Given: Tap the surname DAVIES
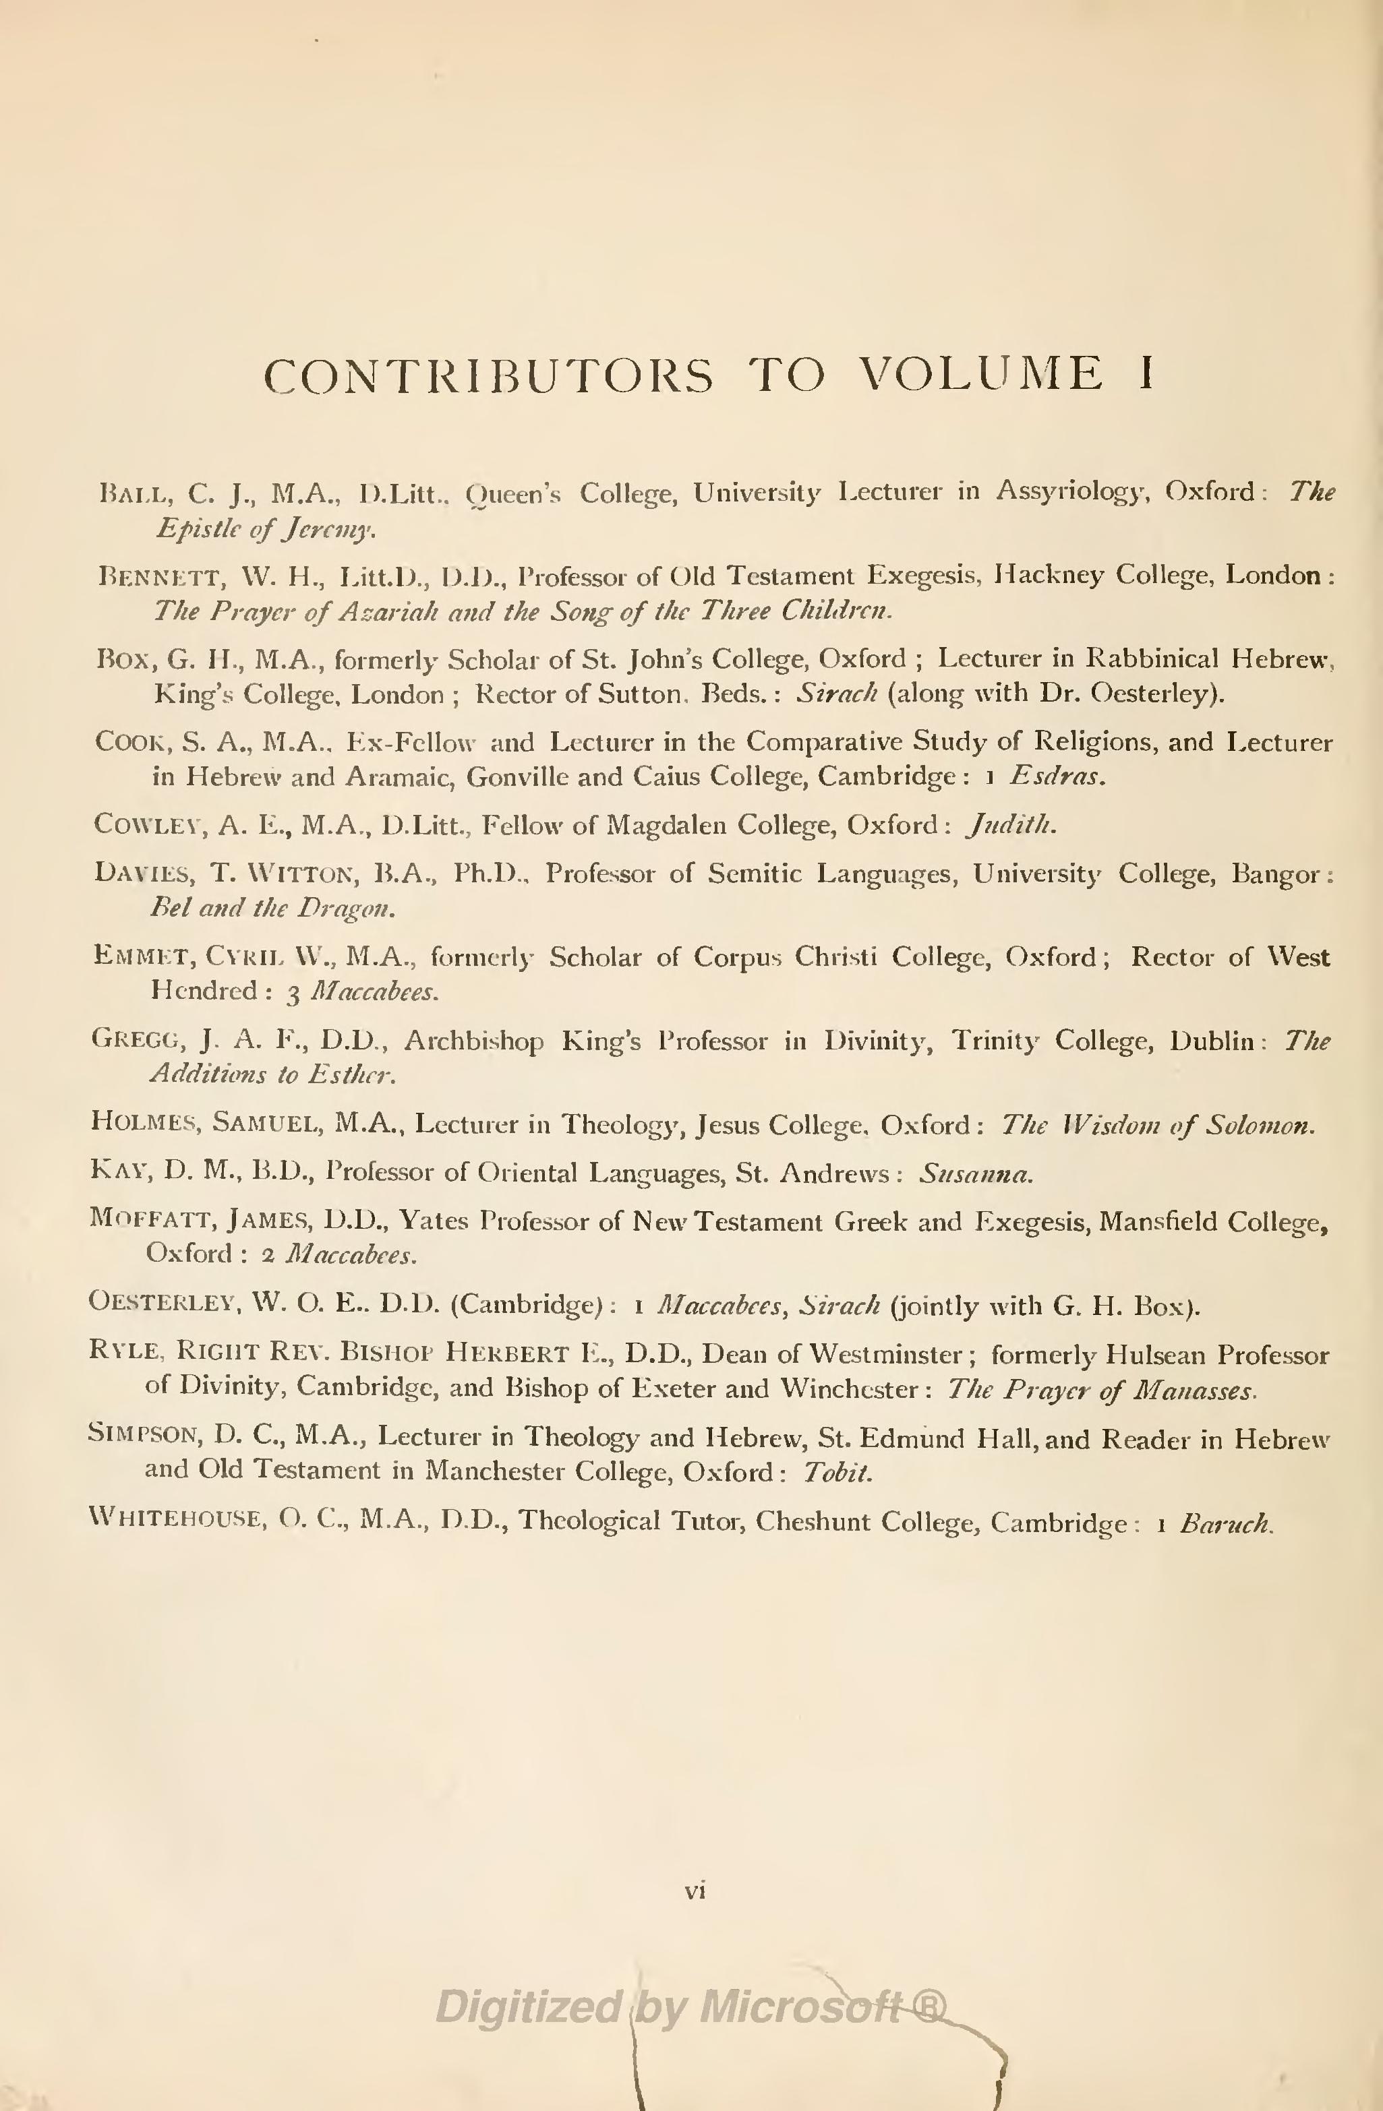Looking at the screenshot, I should pyautogui.click(x=142, y=875).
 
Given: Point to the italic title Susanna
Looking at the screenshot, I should pyautogui.click(x=975, y=1174).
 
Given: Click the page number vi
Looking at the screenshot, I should pyautogui.click(x=695, y=1891).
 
